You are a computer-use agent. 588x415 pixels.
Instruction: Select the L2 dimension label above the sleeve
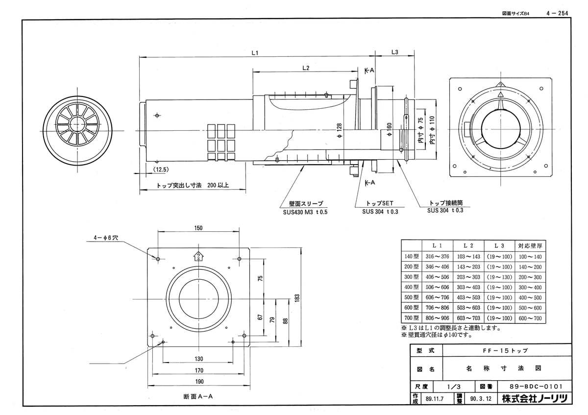[305, 68]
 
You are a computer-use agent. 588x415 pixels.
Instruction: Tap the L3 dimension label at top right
[395, 52]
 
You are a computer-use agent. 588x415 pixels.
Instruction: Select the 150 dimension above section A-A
[198, 228]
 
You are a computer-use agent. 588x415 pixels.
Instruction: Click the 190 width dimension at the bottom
[198, 382]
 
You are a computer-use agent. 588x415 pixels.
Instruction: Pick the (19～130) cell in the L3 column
[499, 277]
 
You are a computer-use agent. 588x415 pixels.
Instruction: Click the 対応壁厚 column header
[530, 245]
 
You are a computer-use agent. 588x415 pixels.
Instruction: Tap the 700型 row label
[411, 318]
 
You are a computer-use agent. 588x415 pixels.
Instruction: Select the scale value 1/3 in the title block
[454, 386]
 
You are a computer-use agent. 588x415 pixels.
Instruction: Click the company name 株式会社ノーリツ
[534, 399]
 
